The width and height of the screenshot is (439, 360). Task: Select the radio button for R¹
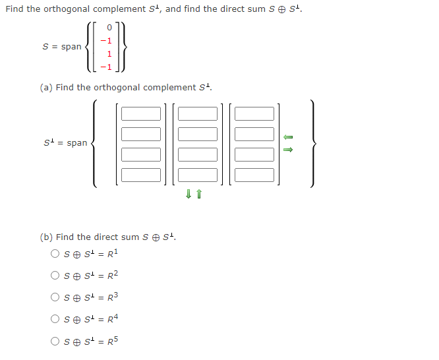(x=55, y=253)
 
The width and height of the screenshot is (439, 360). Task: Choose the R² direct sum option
(x=55, y=275)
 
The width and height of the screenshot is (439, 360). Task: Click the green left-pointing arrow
(x=287, y=137)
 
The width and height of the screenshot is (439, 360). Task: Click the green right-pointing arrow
(x=287, y=149)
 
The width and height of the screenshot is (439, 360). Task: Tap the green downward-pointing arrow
(x=189, y=193)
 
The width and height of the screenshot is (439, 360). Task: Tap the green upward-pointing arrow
(x=198, y=193)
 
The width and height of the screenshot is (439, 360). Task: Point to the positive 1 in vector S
(x=110, y=53)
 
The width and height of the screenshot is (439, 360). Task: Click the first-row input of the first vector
(x=140, y=113)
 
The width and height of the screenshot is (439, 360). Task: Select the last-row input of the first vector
(x=140, y=175)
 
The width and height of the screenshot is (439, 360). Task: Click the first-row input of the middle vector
(x=197, y=113)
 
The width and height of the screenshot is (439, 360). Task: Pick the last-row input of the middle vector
(x=197, y=175)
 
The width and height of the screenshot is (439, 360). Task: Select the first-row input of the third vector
(x=254, y=113)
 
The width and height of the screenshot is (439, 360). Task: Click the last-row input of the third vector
(x=254, y=175)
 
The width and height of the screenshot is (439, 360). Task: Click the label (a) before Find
(x=46, y=88)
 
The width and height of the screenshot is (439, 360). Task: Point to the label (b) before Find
(x=46, y=237)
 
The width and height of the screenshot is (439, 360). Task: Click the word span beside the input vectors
(x=76, y=143)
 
